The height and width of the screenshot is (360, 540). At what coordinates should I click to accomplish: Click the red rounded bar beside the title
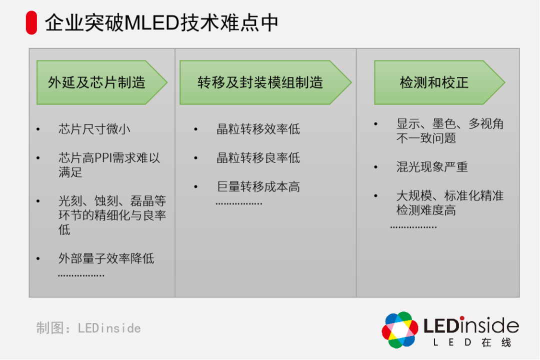tap(31, 23)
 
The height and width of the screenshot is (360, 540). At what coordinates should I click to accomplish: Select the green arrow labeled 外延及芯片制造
tap(100, 82)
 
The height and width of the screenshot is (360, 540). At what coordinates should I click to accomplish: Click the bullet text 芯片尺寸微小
tap(94, 129)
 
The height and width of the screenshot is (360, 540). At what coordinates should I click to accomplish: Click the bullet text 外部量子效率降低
tap(106, 258)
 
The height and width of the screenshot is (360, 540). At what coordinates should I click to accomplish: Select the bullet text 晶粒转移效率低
tap(258, 129)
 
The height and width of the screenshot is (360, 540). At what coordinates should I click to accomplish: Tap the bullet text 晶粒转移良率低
tap(258, 158)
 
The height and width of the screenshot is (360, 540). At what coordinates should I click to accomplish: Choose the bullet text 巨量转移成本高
tap(258, 187)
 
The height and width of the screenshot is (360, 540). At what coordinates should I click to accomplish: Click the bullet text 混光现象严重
tap(432, 167)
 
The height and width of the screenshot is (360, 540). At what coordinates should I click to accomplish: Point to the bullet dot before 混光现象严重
tap(376, 167)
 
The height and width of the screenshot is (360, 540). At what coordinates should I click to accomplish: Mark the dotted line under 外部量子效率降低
tap(81, 275)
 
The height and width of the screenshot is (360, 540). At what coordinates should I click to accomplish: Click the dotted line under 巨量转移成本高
tap(239, 204)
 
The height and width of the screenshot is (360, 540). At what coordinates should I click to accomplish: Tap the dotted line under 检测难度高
tap(413, 227)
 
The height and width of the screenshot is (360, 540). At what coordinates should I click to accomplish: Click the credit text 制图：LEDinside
tap(88, 328)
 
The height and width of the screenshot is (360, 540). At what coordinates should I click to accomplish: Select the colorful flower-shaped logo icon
tap(400, 330)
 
